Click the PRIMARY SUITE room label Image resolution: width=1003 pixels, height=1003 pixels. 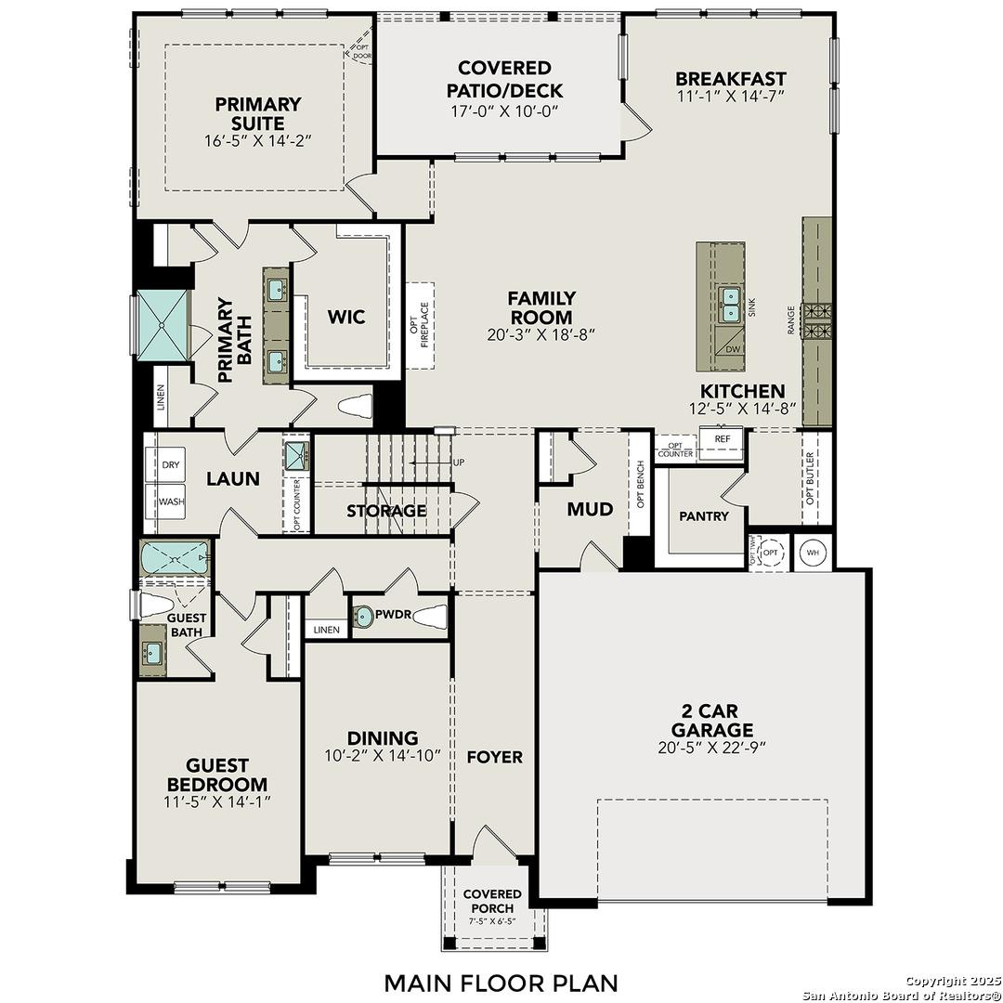(x=257, y=113)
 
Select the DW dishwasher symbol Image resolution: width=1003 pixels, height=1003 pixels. (x=733, y=349)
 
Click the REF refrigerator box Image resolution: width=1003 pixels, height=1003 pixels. (x=722, y=438)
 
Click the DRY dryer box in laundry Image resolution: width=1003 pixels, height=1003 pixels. (x=170, y=464)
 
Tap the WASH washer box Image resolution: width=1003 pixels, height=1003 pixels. (x=170, y=501)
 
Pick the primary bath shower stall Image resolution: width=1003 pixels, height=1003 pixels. (x=163, y=323)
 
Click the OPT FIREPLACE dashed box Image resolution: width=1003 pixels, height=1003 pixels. (x=421, y=325)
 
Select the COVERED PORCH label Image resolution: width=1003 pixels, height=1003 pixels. (x=492, y=900)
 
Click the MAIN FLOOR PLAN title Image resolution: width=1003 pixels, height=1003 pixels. (x=501, y=982)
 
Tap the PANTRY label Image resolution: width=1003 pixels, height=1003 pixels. (x=703, y=516)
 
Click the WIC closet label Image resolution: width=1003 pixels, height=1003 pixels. (x=345, y=317)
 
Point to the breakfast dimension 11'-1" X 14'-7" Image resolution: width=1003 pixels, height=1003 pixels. (x=730, y=97)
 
